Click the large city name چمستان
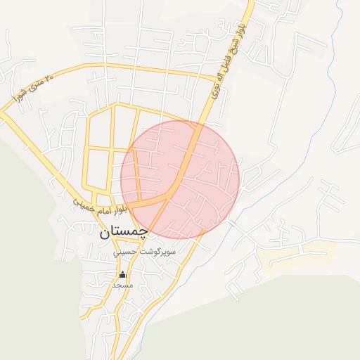point(123,231)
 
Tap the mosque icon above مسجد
point(123,274)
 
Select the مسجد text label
point(123,285)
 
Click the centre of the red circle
point(180,179)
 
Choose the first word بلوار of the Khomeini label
point(122,209)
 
